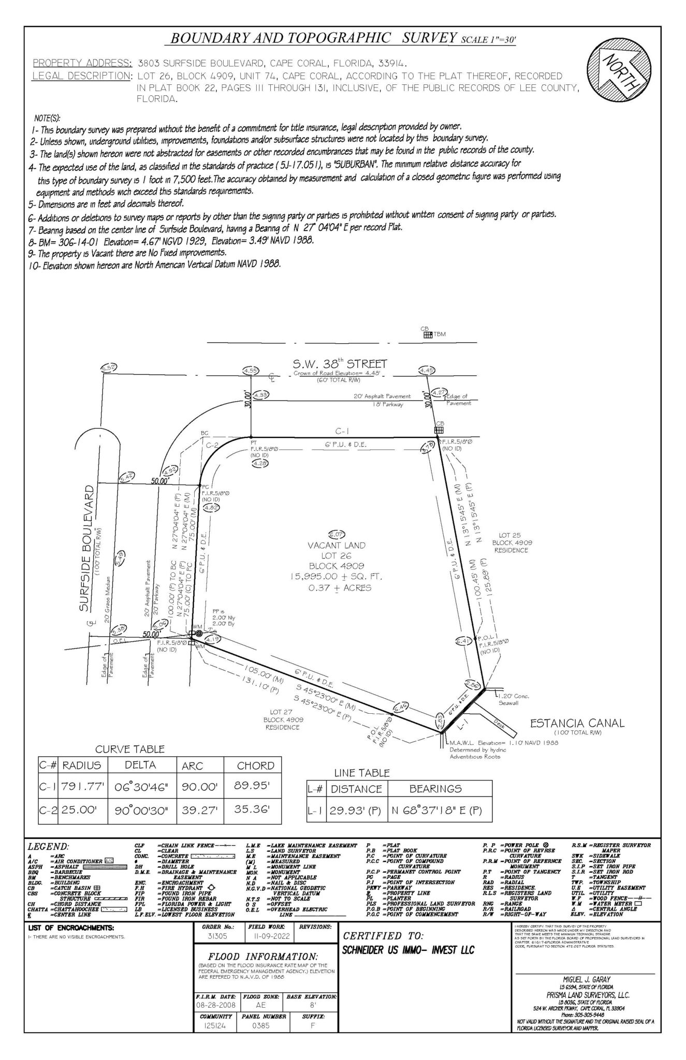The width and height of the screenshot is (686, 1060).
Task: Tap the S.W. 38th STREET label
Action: click(x=340, y=364)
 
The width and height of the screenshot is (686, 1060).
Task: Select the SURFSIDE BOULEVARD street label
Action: click(x=87, y=548)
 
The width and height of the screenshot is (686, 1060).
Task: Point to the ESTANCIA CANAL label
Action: click(x=577, y=723)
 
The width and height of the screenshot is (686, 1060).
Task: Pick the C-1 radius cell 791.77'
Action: click(x=83, y=787)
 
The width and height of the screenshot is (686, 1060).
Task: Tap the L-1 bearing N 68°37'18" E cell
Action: click(x=439, y=811)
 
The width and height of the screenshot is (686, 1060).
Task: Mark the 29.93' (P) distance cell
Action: click(x=356, y=811)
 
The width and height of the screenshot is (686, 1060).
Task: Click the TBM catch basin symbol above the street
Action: click(x=428, y=335)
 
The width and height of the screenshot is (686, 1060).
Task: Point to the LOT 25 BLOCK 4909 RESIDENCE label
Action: click(x=512, y=542)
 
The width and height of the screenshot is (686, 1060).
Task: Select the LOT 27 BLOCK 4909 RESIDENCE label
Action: click(x=283, y=719)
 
